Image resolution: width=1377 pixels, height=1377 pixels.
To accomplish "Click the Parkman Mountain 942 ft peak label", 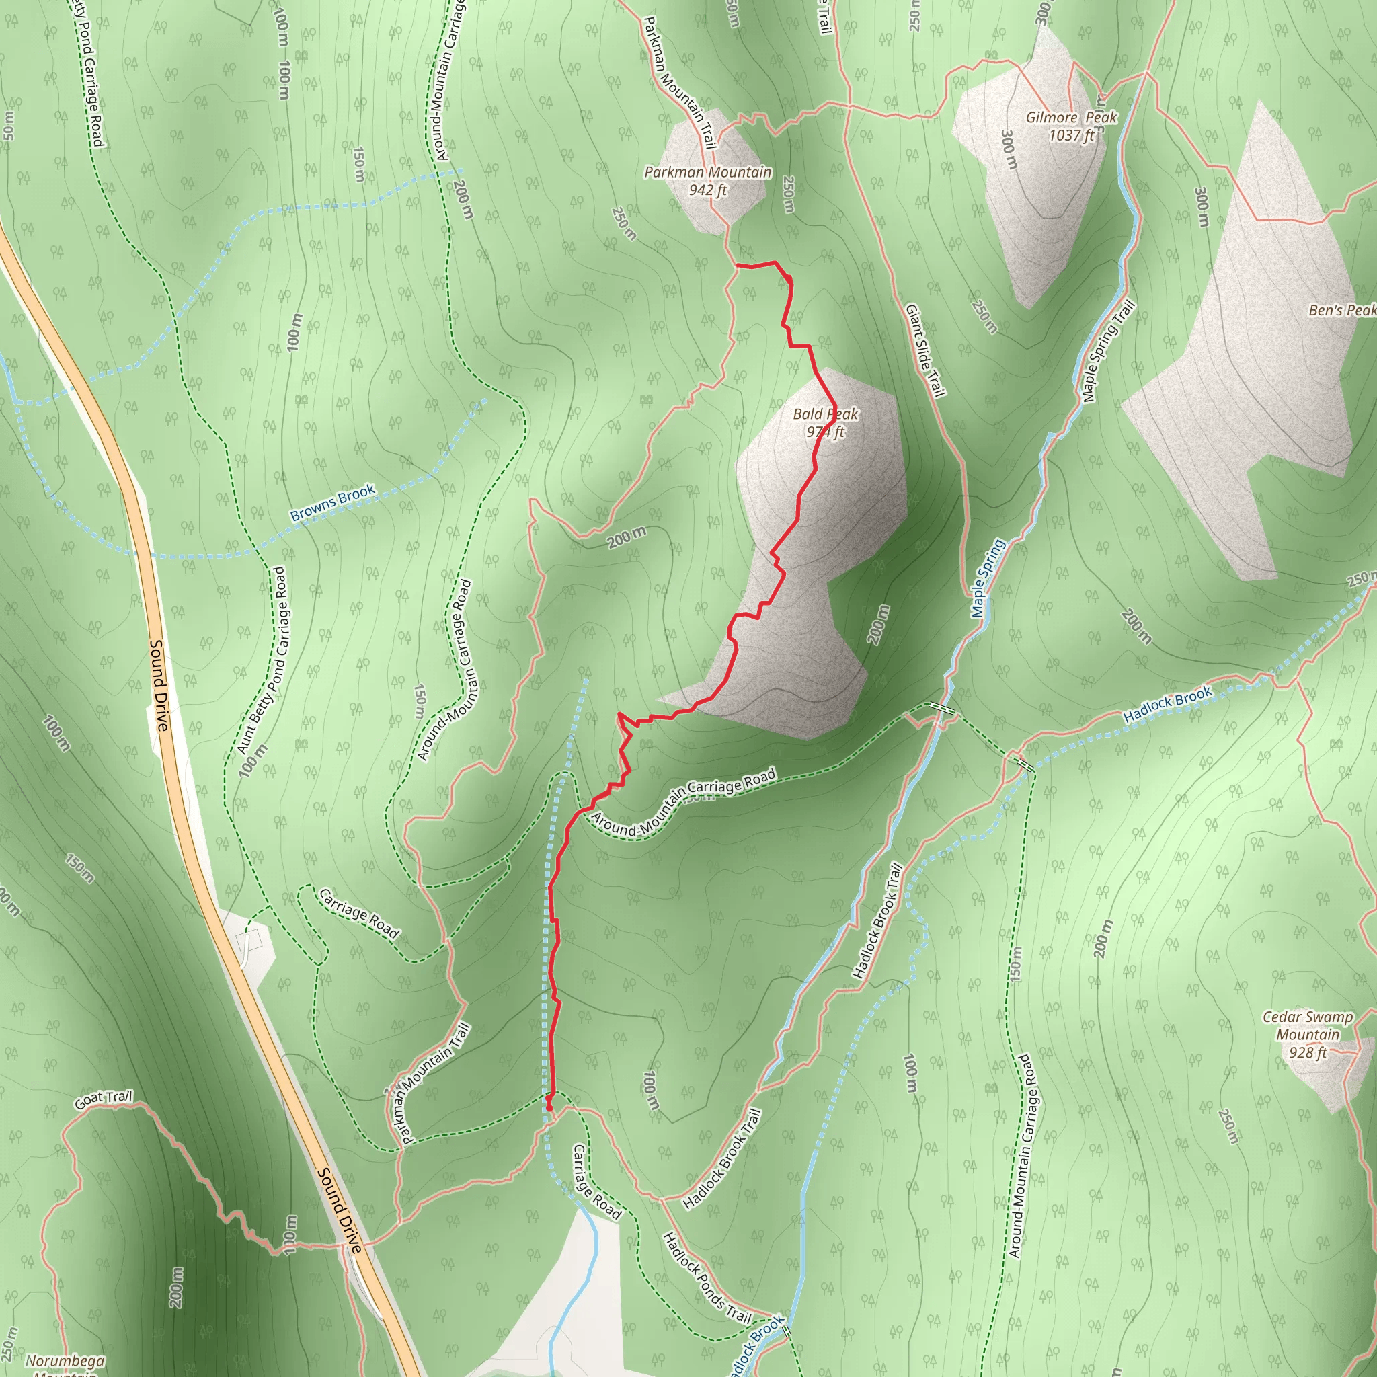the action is pos(708,181).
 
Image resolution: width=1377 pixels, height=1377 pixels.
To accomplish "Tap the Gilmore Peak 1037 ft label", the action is pos(1071,126).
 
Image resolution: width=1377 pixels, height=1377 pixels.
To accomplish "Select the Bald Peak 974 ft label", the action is pos(826,423).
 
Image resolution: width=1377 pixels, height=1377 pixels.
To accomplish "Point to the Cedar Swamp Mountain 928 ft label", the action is pos(1307,1034).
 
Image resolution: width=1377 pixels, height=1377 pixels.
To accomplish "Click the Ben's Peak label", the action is pos(1342,310).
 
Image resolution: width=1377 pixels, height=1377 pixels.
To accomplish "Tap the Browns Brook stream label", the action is pos(332,502).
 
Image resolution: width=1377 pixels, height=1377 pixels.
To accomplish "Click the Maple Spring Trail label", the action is pos(1107,352).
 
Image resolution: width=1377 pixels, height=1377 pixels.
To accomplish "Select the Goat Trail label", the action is pos(104,1100).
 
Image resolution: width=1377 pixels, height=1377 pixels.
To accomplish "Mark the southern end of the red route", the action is pos(549,1107).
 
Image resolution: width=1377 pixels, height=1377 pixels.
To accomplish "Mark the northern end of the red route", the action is pos(737,265).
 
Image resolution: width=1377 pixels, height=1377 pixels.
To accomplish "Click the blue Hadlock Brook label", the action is pos(1167,705).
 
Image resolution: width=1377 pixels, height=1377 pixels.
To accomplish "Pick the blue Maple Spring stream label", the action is pos(987,578).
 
